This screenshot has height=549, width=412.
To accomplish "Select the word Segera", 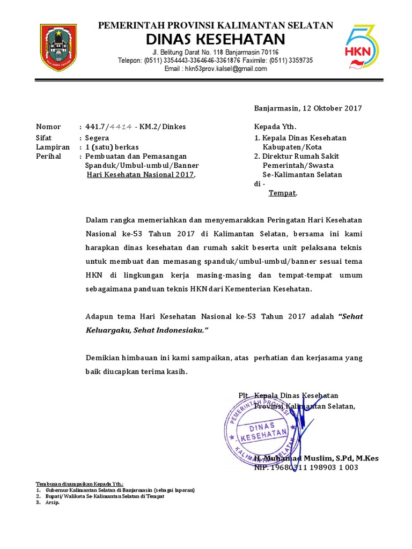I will click(97, 137).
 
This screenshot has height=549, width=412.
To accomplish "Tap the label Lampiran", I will click(53, 147).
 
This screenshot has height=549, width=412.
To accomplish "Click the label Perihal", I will click(48, 157).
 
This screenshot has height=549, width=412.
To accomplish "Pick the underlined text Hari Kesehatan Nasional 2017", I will click(141, 175).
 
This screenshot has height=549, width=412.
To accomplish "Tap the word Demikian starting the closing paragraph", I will click(104, 358).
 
